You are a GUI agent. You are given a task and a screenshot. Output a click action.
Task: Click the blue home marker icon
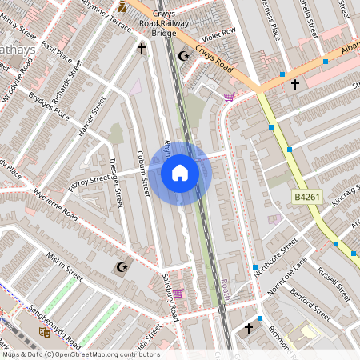[x=179, y=173]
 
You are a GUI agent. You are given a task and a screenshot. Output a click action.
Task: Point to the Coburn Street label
[x=144, y=174]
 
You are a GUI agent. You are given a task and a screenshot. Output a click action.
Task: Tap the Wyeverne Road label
[x=55, y=206]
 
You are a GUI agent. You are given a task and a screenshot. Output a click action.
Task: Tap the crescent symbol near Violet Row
[x=183, y=55]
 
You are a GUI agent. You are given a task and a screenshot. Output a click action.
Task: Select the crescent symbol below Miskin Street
[x=122, y=267]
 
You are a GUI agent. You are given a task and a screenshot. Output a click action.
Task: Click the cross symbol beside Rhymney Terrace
[x=142, y=50]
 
